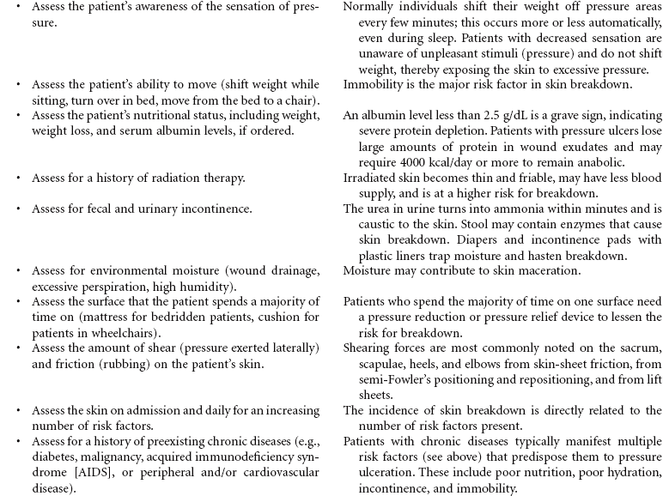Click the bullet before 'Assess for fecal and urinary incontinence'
pos(17,209)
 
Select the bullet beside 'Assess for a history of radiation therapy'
pos(17,178)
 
